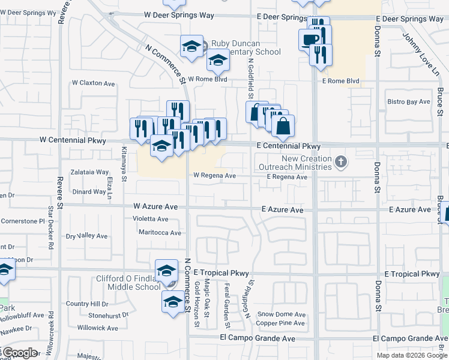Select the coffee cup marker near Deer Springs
pyautogui.click(x=310, y=40)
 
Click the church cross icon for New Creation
pyautogui.click(x=341, y=161)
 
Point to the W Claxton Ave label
pyautogui.click(x=93, y=83)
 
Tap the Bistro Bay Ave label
pyautogui.click(x=409, y=101)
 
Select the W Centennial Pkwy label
pyautogui.click(x=73, y=140)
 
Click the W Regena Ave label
pyautogui.click(x=214, y=176)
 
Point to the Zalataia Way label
pyautogui.click(x=89, y=172)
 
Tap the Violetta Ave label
pyautogui.click(x=151, y=219)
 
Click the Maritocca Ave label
pyautogui.click(x=160, y=233)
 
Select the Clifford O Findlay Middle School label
pyautogui.click(x=128, y=283)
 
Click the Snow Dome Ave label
pyautogui.click(x=282, y=314)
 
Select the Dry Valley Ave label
pyautogui.click(x=87, y=236)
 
